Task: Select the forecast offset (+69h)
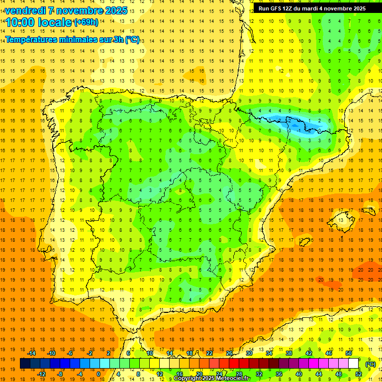86,22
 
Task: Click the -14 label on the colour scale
32,353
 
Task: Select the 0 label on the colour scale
98,374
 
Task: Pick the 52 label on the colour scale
358,374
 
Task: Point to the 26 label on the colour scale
229,353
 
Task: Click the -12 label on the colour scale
41,374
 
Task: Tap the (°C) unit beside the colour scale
371,364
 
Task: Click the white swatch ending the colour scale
353,364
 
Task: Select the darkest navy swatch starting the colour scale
25,364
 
